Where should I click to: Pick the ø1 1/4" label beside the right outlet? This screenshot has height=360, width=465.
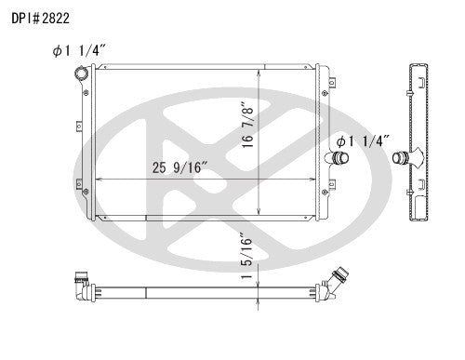coord(363,140)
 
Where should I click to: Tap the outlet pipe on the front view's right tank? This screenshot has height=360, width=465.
coord(338,160)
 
